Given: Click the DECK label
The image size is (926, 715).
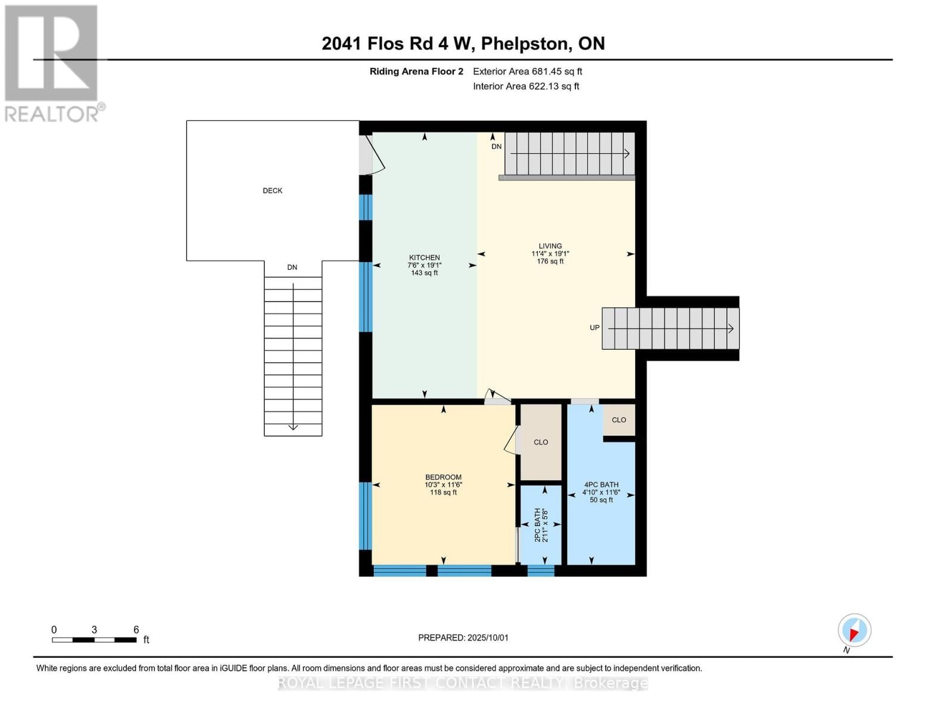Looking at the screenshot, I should coord(272,191).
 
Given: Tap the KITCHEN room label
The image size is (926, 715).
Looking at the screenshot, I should coord(424,258).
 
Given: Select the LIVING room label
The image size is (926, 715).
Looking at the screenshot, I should coord(550,246).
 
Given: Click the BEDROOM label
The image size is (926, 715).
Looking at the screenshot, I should coord(443,477).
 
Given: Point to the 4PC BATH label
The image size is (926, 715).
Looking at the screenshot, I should coord(601,485).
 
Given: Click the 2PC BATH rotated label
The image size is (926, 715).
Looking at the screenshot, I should coord(537,524).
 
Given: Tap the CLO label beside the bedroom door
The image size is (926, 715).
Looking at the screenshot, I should coord(541,442).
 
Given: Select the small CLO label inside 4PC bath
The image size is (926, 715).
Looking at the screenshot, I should coord(619,420).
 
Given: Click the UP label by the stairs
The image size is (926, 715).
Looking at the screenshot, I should coord(594,328).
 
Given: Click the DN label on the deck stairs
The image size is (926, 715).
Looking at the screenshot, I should coord(292,268).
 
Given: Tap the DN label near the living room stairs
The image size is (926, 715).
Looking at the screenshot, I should coord(496,147).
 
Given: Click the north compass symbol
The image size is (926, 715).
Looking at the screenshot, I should coord(854,630).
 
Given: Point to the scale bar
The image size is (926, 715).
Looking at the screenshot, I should coord(94,640).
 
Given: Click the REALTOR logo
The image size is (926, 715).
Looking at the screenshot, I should coord(52,63).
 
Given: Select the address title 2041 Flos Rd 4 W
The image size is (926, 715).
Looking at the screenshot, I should coord(463,43).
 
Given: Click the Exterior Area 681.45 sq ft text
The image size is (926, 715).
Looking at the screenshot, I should coord(527,71).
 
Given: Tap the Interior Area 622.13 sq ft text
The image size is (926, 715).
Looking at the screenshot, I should coord(526,86).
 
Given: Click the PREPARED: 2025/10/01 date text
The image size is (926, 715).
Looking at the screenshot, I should coord(463,638).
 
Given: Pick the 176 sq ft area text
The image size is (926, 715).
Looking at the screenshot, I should coord(550,262).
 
